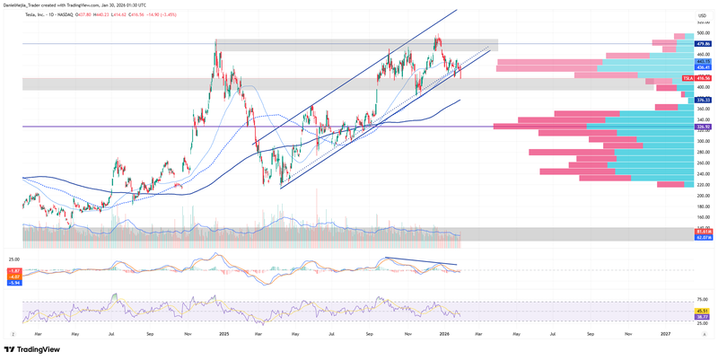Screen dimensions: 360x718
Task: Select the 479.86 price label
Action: coord(704,43)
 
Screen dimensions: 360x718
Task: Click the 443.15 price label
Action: coord(704,61)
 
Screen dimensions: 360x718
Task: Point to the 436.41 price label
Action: coord(704,67)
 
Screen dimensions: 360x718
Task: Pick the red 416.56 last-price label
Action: coord(704,79)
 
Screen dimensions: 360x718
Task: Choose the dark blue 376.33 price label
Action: coord(704,100)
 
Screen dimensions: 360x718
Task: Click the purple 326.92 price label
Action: coord(704,127)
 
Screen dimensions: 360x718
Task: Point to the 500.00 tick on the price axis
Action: coord(704,33)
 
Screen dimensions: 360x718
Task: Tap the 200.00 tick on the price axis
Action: coord(704,196)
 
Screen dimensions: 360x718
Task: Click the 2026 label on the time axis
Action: coord(444,332)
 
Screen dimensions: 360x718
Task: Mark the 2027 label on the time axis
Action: coord(666,332)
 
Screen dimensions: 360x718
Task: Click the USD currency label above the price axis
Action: coord(703,16)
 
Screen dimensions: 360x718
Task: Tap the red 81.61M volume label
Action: coord(704,233)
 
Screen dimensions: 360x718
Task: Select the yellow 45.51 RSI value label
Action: coord(704,311)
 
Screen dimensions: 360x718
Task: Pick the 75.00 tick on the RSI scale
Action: coord(704,298)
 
